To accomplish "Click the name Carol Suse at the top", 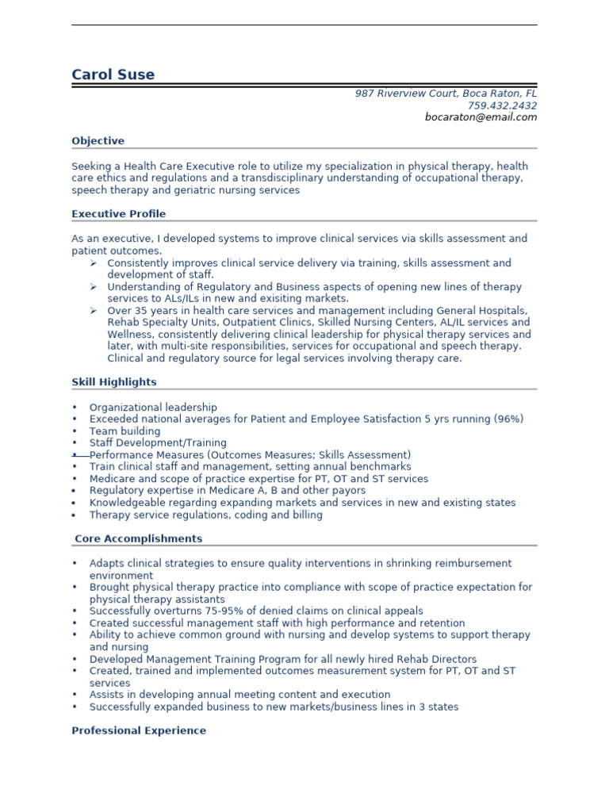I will [x=113, y=75].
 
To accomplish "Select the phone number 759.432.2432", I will [x=502, y=105].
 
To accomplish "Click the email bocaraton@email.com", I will [x=481, y=117].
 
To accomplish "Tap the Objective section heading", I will [x=98, y=141].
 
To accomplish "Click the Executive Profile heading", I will [x=118, y=214].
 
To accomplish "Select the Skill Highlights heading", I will [x=114, y=382].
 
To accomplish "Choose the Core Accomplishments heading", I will [x=138, y=539].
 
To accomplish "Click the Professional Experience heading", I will [x=139, y=731].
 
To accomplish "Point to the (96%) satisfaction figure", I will [x=508, y=419].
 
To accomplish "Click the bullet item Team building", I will [x=124, y=431].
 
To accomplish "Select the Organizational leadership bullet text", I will [x=153, y=408].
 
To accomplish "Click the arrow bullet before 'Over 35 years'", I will [x=93, y=311].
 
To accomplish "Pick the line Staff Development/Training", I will [x=158, y=443].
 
